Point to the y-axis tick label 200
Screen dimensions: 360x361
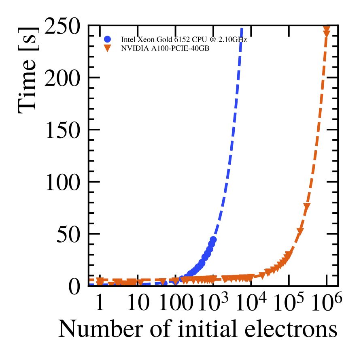coord(63,78)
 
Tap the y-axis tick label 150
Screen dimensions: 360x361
coord(63,130)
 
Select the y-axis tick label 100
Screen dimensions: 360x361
coord(63,182)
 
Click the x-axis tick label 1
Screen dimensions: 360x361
coord(100,304)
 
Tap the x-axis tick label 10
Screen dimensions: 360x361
coord(138,304)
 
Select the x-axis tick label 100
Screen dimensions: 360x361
coord(176,304)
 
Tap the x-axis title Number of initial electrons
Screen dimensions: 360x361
coord(198,330)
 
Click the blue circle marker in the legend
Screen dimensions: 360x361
coord(107,40)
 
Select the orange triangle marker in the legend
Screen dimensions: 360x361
coord(107,48)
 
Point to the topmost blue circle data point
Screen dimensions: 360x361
coord(213,240)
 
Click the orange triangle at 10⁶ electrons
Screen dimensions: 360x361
coord(326,32)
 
